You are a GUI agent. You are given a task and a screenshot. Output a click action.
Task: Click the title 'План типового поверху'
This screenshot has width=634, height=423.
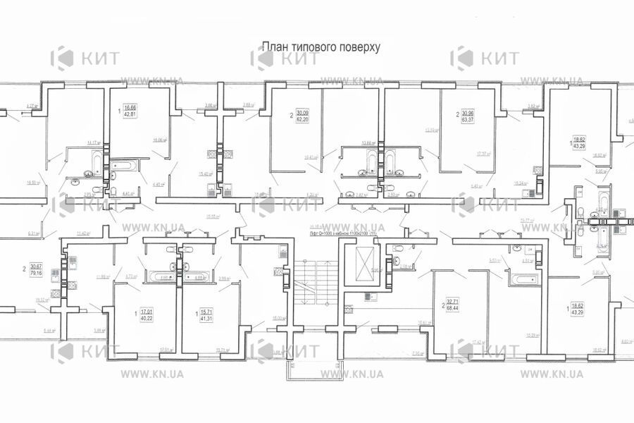coord(321,47)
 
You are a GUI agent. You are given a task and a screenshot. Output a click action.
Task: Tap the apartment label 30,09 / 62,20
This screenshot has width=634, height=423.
coord(302,116)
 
